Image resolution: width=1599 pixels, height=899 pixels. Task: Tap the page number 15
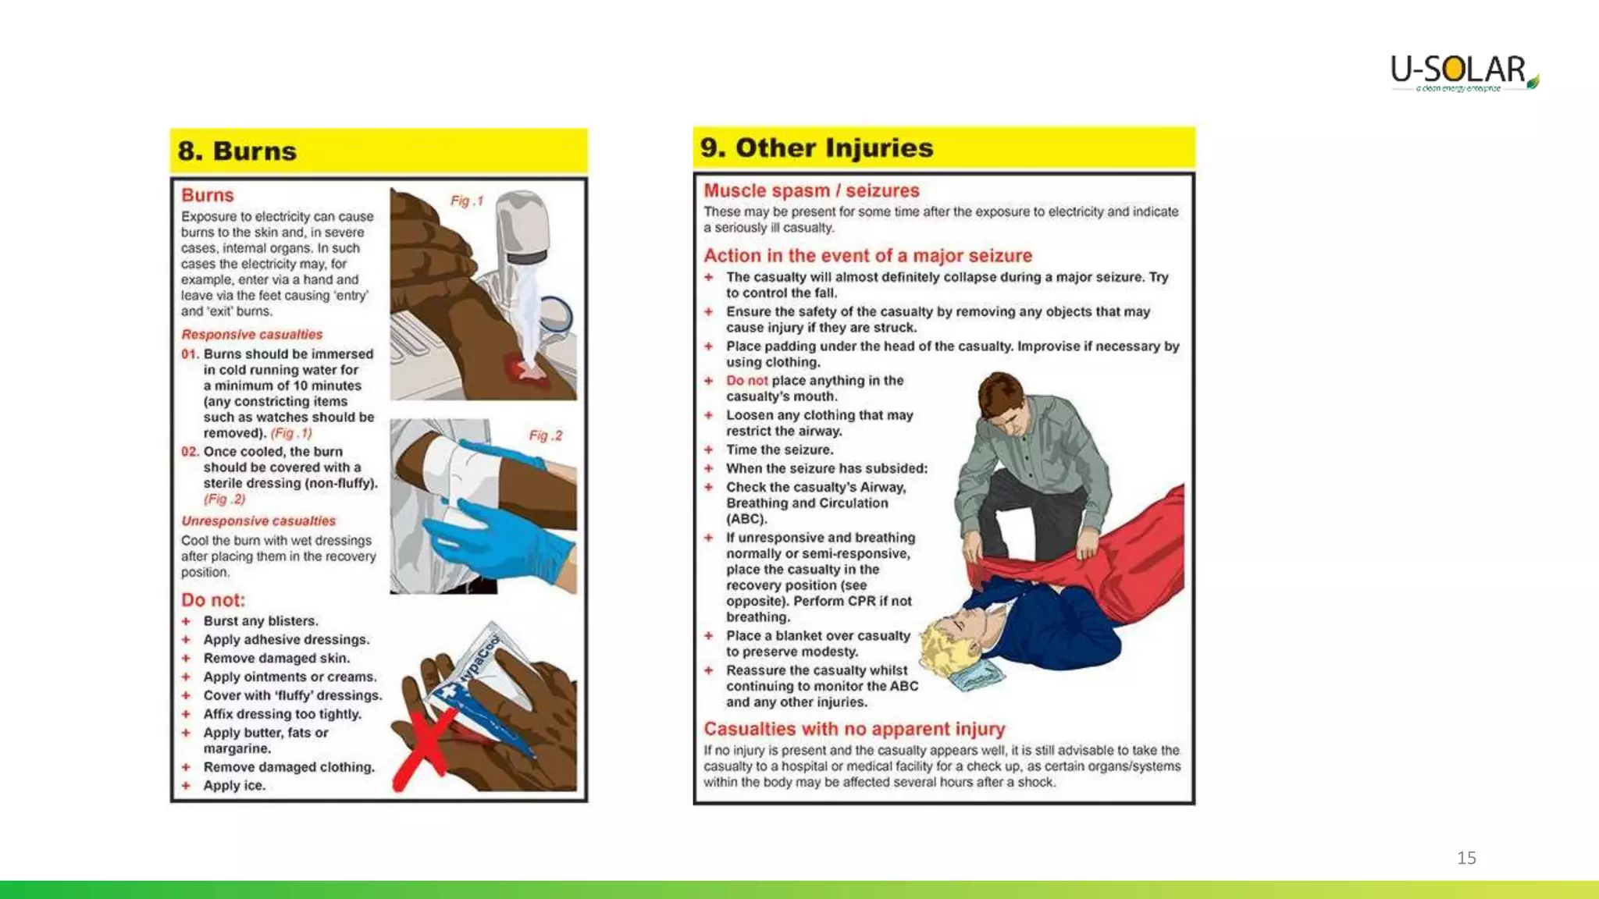coord(1466,858)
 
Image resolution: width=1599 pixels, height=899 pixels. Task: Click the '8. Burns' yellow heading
coord(237,151)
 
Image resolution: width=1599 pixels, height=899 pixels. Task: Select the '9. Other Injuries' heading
coord(817,147)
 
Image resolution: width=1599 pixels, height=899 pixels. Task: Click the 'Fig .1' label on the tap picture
coord(467,201)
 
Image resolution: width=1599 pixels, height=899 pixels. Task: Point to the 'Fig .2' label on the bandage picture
coord(545,435)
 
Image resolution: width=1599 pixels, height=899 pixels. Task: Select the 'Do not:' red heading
coord(213,600)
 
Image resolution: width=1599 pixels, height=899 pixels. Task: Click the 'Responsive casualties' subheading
coord(251,334)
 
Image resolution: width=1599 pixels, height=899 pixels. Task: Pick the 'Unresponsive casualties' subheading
coord(258,521)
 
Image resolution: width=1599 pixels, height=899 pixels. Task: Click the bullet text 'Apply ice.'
coord(234,786)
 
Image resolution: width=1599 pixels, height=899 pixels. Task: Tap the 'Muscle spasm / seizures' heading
coord(811,190)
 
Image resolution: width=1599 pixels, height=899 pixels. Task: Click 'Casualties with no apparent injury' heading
coord(854,729)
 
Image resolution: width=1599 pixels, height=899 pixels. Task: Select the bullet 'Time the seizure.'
coord(779,449)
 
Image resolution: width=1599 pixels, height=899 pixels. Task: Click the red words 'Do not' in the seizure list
coord(746,381)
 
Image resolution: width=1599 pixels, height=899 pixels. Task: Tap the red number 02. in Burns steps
coord(190,452)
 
